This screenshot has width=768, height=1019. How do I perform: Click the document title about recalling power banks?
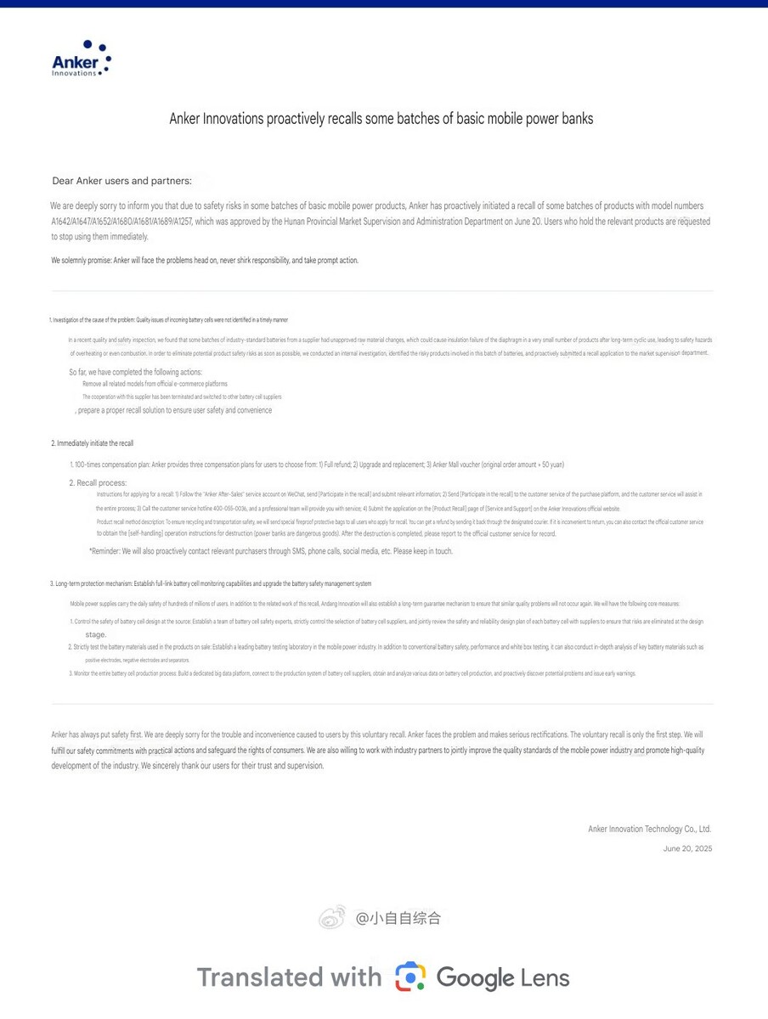(x=381, y=119)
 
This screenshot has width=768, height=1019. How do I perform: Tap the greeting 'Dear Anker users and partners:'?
(x=121, y=181)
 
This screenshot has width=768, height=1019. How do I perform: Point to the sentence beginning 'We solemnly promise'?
(x=205, y=261)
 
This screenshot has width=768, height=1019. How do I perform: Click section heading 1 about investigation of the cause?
(x=168, y=320)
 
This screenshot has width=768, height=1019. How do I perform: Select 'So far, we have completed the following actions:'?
(x=136, y=372)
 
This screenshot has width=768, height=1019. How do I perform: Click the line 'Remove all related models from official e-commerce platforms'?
(x=155, y=384)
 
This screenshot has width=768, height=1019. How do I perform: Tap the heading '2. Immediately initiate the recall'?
(x=92, y=443)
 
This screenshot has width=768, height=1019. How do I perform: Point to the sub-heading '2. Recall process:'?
(x=98, y=482)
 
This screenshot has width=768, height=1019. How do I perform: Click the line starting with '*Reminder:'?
(x=271, y=551)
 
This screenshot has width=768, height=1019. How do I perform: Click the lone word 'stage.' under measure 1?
(x=96, y=634)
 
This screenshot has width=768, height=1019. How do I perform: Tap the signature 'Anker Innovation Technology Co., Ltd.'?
(x=649, y=829)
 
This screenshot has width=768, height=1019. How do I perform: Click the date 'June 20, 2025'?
(x=687, y=848)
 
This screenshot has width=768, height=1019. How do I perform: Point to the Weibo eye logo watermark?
(x=332, y=917)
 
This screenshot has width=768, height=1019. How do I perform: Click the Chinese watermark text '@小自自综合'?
(x=398, y=918)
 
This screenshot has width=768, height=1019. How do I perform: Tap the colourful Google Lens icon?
(x=410, y=977)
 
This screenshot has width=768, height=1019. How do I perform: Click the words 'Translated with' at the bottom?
(x=289, y=977)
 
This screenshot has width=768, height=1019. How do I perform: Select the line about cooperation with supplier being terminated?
(x=181, y=397)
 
